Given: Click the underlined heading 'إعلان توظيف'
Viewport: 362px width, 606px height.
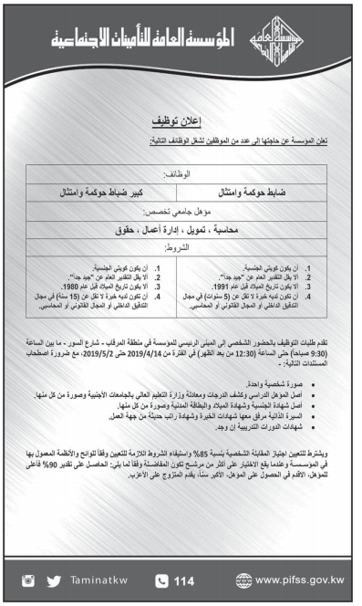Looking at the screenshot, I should click(x=181, y=121).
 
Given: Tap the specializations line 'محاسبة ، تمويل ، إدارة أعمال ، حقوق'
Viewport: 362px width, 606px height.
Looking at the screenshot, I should click(x=181, y=230).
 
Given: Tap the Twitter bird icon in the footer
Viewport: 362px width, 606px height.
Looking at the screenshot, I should click(x=54, y=579).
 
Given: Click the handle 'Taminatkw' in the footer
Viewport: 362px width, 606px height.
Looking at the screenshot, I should click(x=105, y=579).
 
